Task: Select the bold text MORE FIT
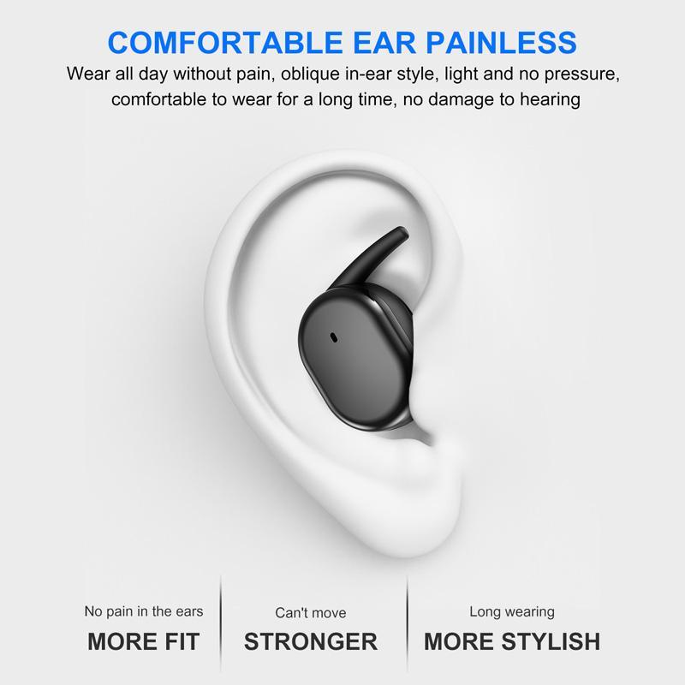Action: [x=143, y=640]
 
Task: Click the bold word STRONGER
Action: [x=311, y=640]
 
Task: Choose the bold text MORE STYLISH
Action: [x=512, y=640]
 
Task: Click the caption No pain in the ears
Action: [x=143, y=611]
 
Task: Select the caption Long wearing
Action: [x=512, y=611]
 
